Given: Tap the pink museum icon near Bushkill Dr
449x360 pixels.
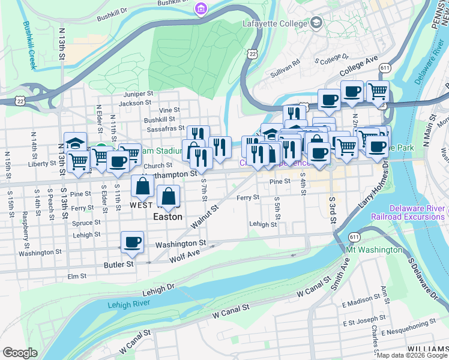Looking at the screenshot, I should [200, 9].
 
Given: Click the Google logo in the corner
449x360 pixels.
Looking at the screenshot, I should [20, 353].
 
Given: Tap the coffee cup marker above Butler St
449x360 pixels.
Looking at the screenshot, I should [132, 243].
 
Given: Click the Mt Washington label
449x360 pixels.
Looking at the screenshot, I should [373, 249].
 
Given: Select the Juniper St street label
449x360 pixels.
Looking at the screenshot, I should [139, 94].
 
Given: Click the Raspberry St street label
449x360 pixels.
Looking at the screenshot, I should [25, 223].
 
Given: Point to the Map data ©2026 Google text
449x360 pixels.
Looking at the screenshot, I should [412, 355].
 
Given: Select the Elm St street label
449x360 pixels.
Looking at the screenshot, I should [77, 277].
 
